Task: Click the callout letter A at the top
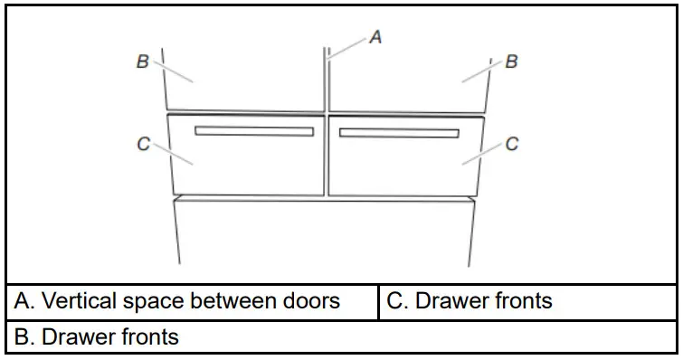click(x=376, y=37)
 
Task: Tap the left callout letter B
click(x=142, y=62)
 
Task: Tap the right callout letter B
click(x=511, y=62)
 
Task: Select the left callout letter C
click(x=142, y=144)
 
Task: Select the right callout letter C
click(x=511, y=144)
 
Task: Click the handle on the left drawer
click(x=254, y=131)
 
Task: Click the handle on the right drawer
click(x=398, y=134)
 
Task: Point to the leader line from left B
click(x=174, y=71)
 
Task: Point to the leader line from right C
click(x=481, y=153)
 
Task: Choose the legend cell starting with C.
click(x=526, y=301)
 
